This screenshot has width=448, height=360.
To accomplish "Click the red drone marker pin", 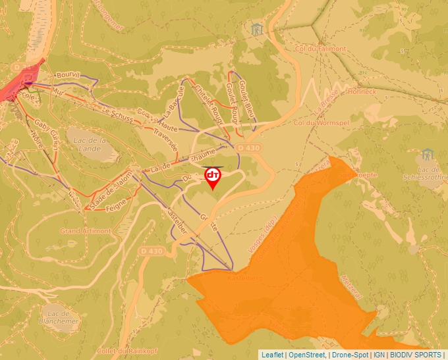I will [213, 177].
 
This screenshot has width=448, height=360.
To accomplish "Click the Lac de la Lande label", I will [92, 144].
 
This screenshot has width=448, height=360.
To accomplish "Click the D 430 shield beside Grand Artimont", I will [151, 251].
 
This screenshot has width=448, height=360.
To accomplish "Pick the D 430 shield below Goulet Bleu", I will [248, 148].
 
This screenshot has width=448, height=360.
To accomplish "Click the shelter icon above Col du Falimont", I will [256, 29].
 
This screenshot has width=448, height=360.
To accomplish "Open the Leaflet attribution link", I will [272, 355].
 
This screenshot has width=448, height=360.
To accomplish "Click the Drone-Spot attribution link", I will [350, 355].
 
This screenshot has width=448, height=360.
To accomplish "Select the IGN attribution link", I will [379, 355].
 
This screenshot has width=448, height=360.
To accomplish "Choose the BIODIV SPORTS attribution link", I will [416, 355].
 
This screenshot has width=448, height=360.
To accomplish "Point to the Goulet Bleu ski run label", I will [246, 99].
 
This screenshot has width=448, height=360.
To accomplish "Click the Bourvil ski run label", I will [67, 76].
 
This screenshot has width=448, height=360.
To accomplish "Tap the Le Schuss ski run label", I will [119, 116].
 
